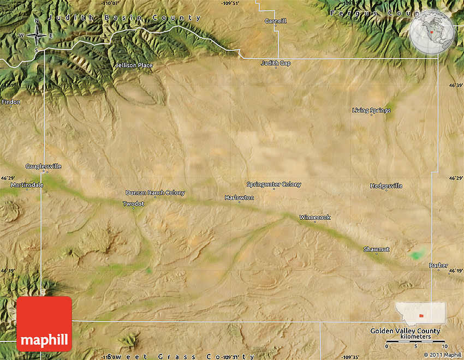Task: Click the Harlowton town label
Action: point(239,197)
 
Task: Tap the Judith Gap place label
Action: point(276,63)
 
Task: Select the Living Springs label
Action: point(371,111)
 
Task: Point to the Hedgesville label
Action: point(386,186)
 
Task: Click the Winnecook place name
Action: point(314,218)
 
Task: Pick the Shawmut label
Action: point(377,249)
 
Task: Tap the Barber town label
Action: point(438,266)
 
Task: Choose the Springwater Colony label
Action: point(273,184)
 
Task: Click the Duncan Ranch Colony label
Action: point(155,193)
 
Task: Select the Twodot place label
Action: point(133,203)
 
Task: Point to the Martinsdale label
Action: point(27,185)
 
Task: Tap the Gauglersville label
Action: point(44,166)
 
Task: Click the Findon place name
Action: point(11,102)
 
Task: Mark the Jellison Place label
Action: point(134,65)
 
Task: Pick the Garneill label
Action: point(275,21)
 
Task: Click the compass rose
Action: point(37,35)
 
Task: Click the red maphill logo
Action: point(44,325)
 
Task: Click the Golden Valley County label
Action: point(405,331)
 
